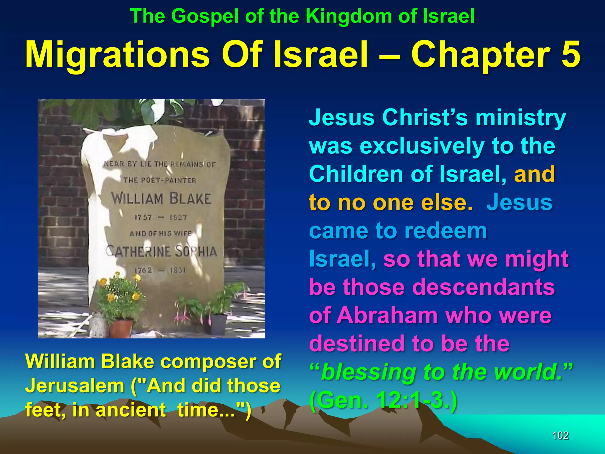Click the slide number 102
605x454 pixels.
pyautogui.click(x=560, y=435)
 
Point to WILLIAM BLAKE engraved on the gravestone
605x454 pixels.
pyautogui.click(x=161, y=198)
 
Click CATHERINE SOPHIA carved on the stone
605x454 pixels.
pyautogui.click(x=161, y=252)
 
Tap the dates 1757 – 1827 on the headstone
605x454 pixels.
pyautogui.click(x=161, y=218)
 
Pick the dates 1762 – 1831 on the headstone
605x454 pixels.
pyautogui.click(x=160, y=270)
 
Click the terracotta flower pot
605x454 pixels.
pyautogui.click(x=121, y=328)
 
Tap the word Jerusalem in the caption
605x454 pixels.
pyautogui.click(x=74, y=386)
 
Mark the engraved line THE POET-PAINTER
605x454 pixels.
pyautogui.click(x=160, y=180)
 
